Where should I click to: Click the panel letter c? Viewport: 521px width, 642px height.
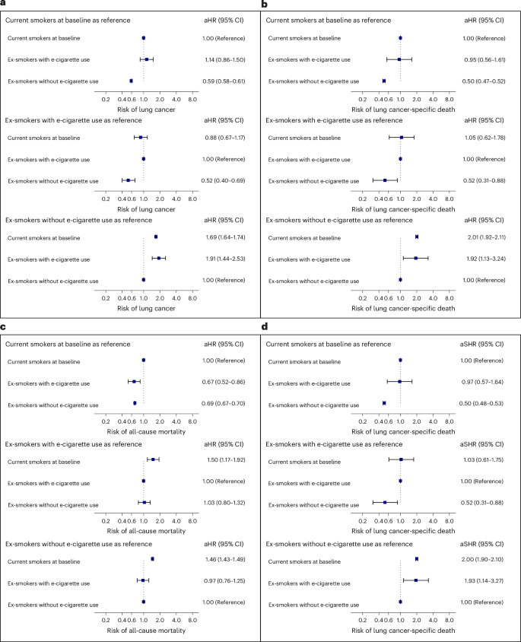[3, 327]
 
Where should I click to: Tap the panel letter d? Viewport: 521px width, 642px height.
[265, 326]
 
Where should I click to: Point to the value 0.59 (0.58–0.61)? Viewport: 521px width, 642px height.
[224, 81]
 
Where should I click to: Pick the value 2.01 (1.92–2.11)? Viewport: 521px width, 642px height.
[485, 237]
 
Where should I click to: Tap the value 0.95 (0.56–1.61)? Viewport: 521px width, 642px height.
[485, 60]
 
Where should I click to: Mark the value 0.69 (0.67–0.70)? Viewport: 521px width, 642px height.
[224, 403]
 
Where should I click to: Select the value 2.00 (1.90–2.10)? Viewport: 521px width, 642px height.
[482, 559]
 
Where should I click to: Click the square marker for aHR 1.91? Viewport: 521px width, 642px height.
[159, 258]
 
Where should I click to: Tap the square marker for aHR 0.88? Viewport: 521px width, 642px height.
[141, 138]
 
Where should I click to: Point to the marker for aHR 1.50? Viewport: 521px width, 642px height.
[153, 459]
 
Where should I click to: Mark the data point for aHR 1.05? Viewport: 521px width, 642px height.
[402, 138]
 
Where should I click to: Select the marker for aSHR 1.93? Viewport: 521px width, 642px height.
[416, 580]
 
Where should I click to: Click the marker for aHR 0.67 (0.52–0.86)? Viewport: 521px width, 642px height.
[134, 382]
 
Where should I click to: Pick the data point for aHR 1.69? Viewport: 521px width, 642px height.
[156, 237]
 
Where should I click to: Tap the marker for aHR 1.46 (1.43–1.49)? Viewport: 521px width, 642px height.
[152, 559]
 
